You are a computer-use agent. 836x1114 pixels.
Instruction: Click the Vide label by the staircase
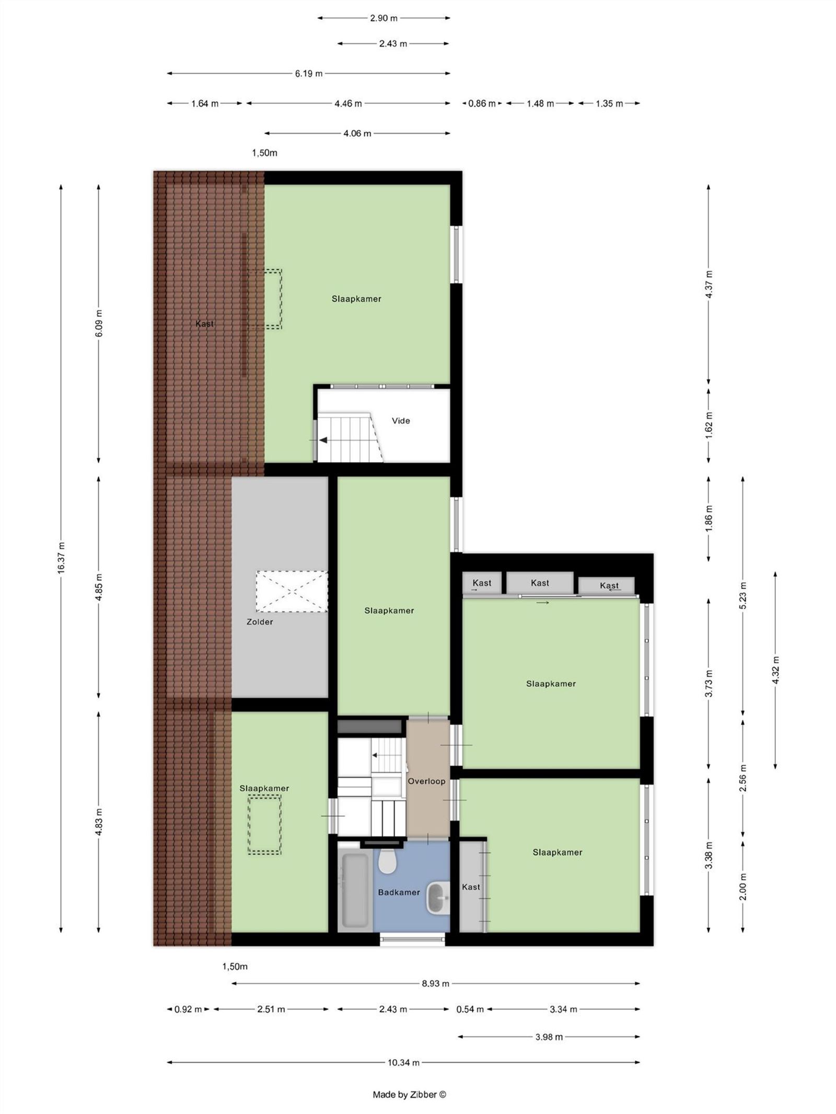tap(401, 420)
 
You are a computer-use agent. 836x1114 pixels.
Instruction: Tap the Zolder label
tap(260, 622)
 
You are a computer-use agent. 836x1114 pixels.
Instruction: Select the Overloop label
tap(426, 781)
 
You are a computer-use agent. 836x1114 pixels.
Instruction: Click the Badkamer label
tap(399, 892)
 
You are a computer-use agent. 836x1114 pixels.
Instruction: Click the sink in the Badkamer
tap(438, 898)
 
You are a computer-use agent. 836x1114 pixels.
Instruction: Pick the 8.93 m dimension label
tap(435, 983)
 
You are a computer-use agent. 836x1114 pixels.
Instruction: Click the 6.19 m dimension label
tap(308, 74)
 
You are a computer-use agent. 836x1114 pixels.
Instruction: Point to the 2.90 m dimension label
tap(384, 18)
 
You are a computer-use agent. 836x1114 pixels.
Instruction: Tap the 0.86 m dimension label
tap(481, 103)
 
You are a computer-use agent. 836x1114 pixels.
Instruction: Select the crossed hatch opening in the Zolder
tap(292, 591)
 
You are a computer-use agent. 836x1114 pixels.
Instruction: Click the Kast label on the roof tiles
tap(204, 324)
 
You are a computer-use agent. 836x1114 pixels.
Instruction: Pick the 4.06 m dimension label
tap(357, 133)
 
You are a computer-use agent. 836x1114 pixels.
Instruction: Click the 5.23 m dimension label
tap(742, 595)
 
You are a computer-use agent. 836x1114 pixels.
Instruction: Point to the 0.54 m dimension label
tap(470, 1009)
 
